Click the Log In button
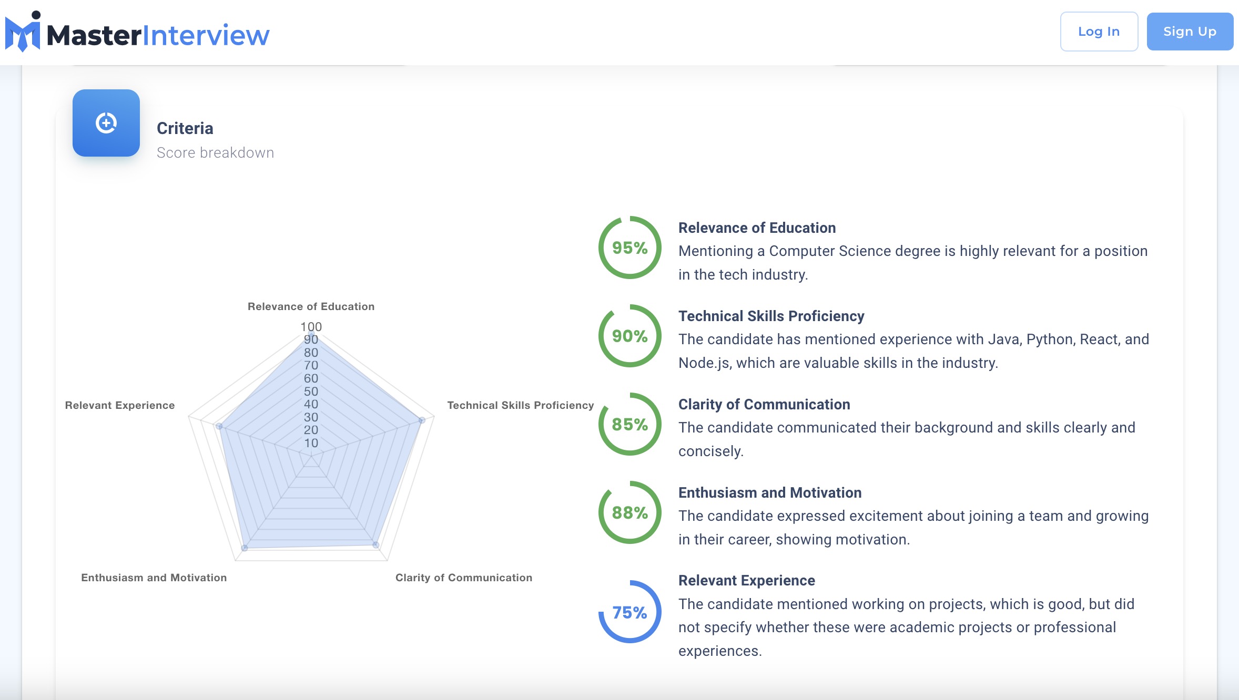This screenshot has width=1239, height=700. click(1099, 32)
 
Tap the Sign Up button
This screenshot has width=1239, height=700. click(1190, 32)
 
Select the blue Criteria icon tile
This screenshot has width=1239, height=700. click(106, 123)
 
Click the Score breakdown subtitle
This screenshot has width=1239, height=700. click(215, 153)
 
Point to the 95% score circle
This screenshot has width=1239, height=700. click(629, 248)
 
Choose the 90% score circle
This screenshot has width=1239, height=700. click(629, 336)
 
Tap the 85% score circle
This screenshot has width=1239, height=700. click(629, 424)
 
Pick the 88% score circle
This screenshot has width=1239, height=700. click(629, 512)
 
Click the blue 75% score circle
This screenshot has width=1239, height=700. click(629, 612)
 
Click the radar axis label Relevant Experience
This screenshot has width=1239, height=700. click(120, 405)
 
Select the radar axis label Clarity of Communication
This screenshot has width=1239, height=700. click(463, 578)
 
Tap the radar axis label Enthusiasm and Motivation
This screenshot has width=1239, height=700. click(154, 578)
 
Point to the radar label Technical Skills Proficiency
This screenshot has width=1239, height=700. click(520, 405)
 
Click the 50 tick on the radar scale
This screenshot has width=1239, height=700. click(311, 392)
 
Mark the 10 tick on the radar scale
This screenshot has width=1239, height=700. click(311, 443)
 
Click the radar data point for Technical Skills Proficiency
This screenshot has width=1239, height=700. click(422, 420)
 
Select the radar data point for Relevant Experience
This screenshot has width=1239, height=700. click(219, 426)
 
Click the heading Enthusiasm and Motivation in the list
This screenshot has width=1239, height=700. click(769, 492)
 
